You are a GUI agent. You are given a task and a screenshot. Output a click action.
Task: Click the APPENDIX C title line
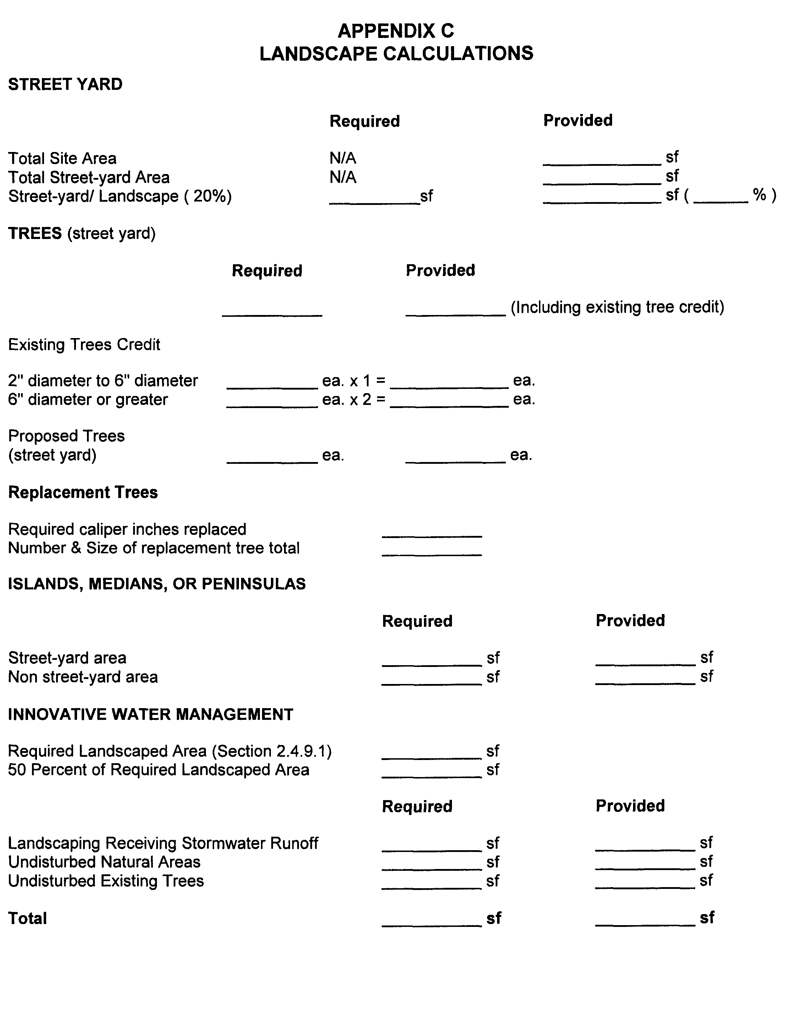tap(396, 31)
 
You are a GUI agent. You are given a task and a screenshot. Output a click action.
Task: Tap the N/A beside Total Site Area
tap(342, 158)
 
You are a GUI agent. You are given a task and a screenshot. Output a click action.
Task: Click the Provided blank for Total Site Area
tap(601, 159)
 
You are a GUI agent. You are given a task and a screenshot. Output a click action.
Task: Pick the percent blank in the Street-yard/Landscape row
tap(720, 197)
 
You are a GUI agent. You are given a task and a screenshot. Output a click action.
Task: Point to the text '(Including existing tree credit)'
tap(617, 307)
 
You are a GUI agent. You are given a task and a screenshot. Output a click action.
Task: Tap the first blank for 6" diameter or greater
tap(272, 401)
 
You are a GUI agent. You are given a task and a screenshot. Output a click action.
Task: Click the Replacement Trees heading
tap(83, 492)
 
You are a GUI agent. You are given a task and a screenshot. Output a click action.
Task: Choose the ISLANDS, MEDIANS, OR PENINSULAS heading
tap(157, 584)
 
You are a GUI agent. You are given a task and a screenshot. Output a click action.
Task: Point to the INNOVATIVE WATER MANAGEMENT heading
tap(150, 715)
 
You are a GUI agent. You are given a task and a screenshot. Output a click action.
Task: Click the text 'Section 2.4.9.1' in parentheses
tap(272, 751)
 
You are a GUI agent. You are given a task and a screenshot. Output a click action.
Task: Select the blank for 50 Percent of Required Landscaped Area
tap(431, 772)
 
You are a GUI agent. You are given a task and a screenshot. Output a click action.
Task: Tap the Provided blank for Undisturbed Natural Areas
tap(645, 864)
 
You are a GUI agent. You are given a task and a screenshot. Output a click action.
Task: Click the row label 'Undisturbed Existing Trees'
tap(106, 881)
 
